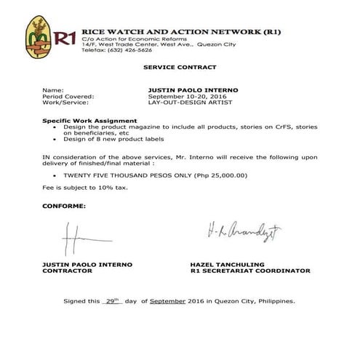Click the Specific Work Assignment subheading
point(89,120)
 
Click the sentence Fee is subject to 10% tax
point(84,188)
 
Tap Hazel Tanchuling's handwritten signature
point(244,235)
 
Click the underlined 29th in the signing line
point(111,300)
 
